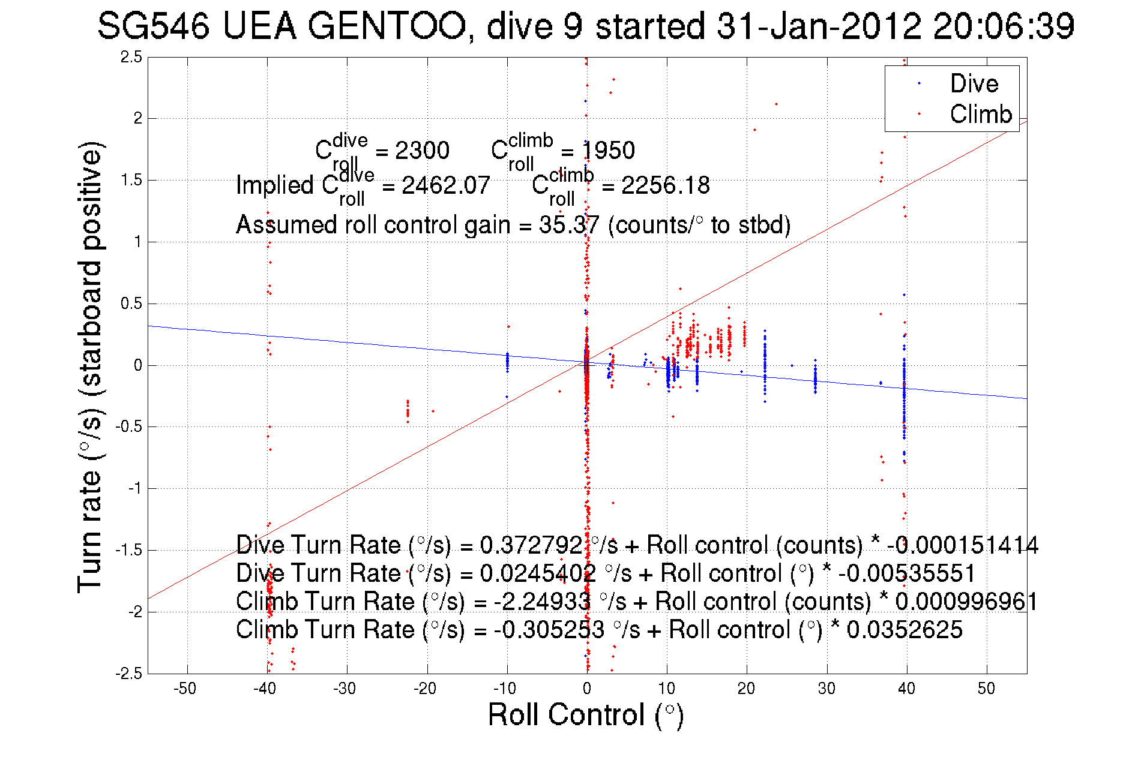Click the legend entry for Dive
click(x=974, y=83)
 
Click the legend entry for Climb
click(x=980, y=114)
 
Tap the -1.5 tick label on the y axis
click(x=128, y=551)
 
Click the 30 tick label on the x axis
click(x=826, y=689)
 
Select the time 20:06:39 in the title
click(x=1004, y=27)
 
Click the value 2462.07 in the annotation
click(x=445, y=185)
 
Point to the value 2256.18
click(x=665, y=185)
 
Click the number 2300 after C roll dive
click(x=422, y=151)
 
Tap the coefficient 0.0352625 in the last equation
click(x=904, y=630)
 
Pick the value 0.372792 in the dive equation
click(x=531, y=545)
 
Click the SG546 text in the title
click(x=154, y=27)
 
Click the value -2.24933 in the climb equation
click(x=542, y=602)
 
